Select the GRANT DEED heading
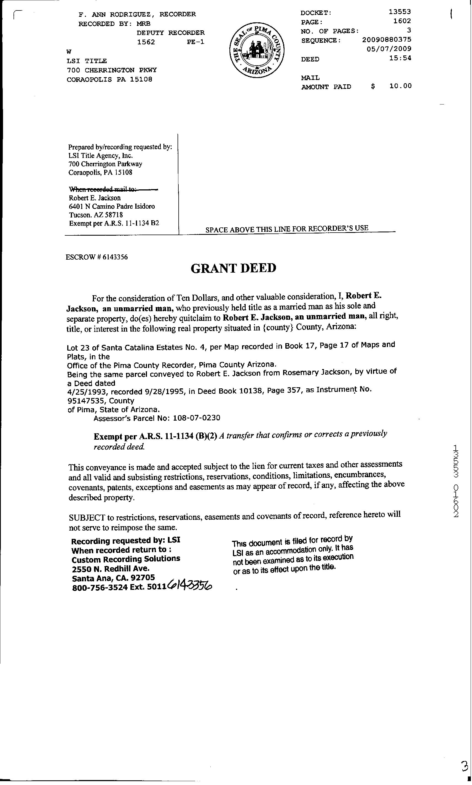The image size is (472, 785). [x=234, y=268]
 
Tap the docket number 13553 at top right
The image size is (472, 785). [x=400, y=12]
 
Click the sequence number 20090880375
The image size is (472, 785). [x=387, y=40]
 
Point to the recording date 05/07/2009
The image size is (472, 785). [x=389, y=49]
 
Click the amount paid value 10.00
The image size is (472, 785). [x=400, y=86]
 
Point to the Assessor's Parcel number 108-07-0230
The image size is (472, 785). [x=196, y=418]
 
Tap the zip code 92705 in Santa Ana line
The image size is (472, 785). [x=143, y=577]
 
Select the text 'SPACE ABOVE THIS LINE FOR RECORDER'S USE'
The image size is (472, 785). [x=286, y=228]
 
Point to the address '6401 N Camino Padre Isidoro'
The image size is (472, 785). [x=112, y=207]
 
